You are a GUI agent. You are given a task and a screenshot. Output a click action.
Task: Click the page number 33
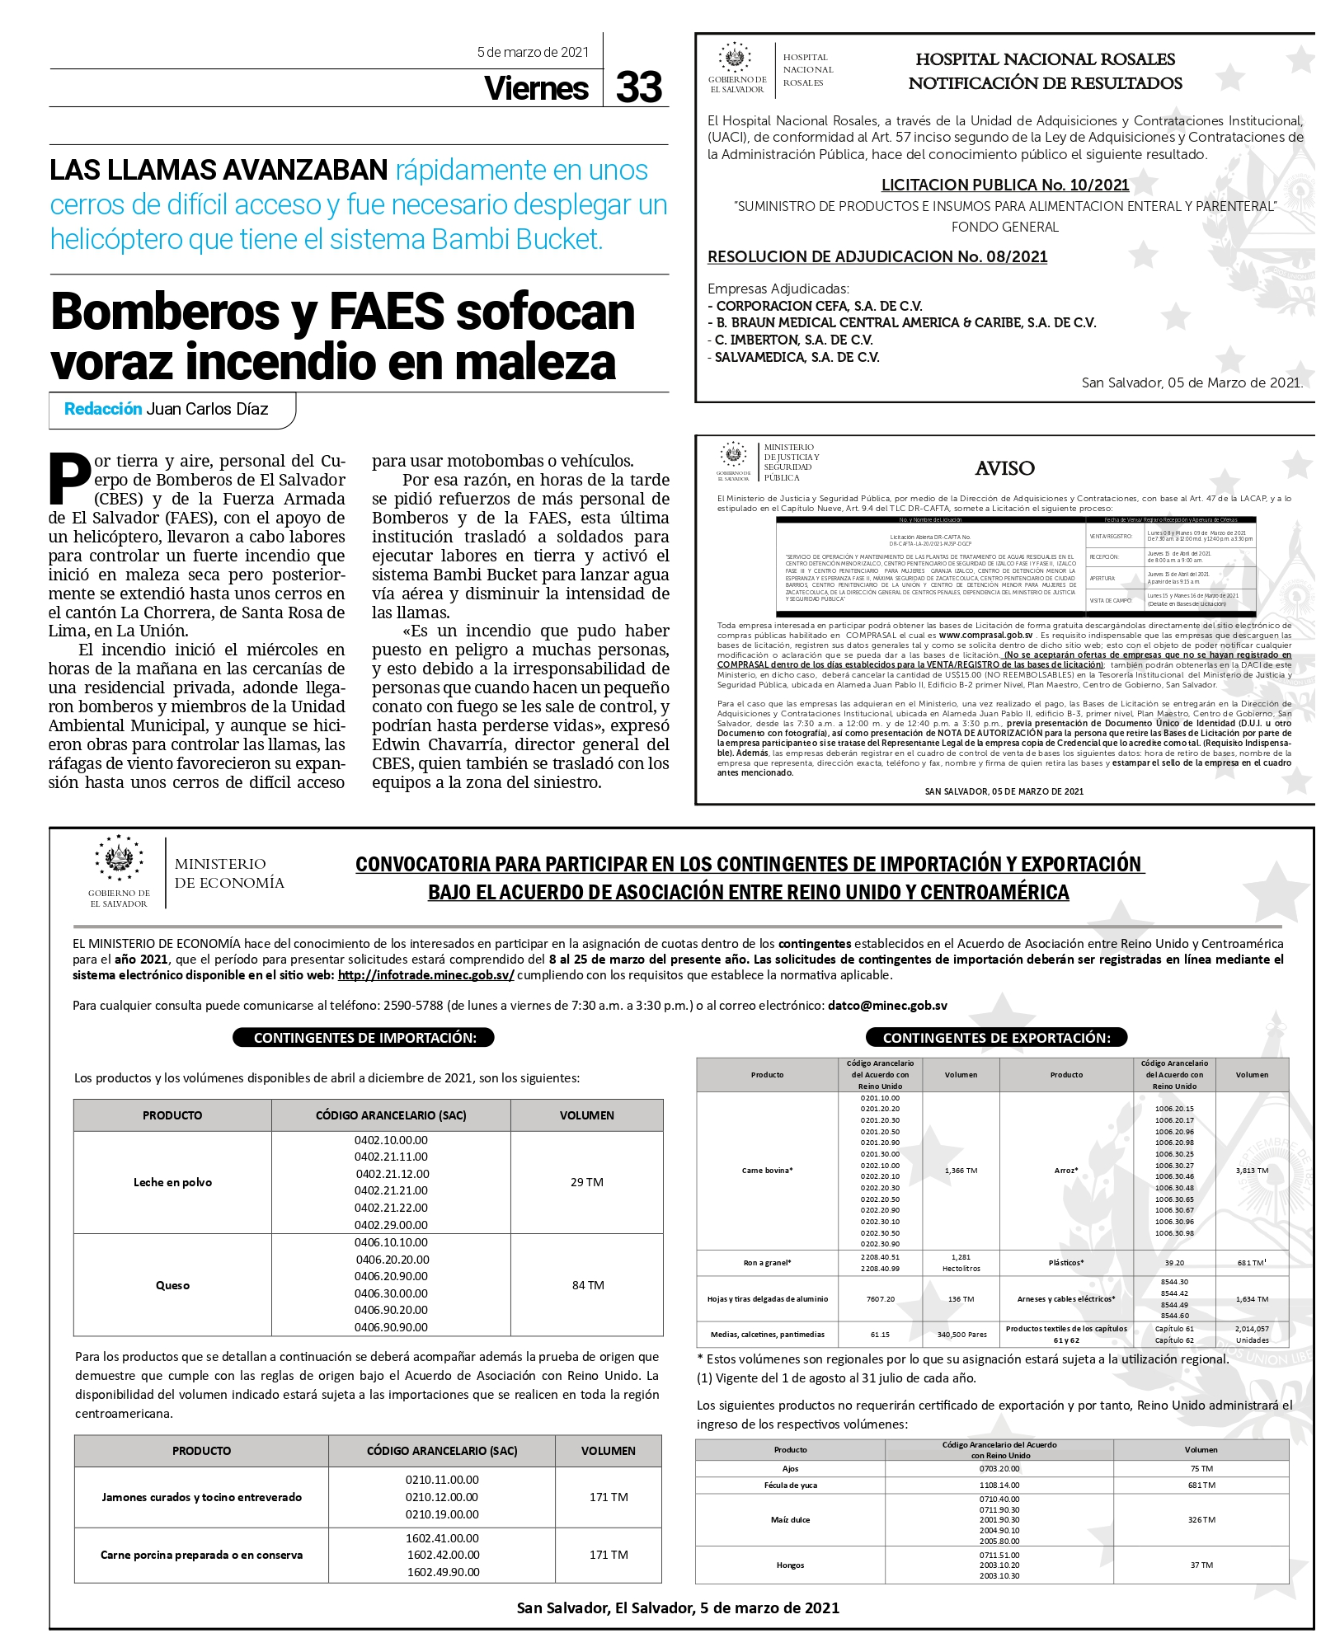pyautogui.click(x=638, y=87)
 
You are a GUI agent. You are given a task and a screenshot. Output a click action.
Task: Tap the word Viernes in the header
pyautogui.click(x=536, y=88)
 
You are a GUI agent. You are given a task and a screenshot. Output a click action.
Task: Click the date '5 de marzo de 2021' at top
pyautogui.click(x=533, y=53)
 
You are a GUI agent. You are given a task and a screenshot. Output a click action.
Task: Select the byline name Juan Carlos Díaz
pyautogui.click(x=207, y=409)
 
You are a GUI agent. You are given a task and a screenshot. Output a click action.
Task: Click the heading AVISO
pyautogui.click(x=1004, y=468)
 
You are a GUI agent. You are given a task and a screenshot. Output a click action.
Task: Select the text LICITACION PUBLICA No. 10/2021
pyautogui.click(x=1004, y=185)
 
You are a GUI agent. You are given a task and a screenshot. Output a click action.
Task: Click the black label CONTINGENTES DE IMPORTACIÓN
pyautogui.click(x=364, y=1038)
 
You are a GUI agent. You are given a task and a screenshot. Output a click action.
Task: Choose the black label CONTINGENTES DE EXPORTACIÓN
pyautogui.click(x=996, y=1038)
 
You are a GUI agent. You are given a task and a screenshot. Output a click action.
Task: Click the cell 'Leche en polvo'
pyautogui.click(x=172, y=1182)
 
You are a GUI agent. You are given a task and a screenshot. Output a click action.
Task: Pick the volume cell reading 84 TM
pyautogui.click(x=588, y=1285)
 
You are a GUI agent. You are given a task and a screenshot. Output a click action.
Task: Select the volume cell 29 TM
pyautogui.click(x=587, y=1182)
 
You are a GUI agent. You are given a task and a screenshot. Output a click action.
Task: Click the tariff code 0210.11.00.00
pyautogui.click(x=442, y=1480)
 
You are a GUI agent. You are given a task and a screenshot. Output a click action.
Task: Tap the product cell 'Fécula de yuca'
pyautogui.click(x=790, y=1485)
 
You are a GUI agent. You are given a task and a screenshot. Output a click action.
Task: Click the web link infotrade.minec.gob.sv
pyautogui.click(x=425, y=974)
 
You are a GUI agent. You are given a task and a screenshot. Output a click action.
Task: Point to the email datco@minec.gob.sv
pyautogui.click(x=887, y=1006)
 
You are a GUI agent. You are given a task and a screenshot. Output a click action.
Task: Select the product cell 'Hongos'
pyautogui.click(x=790, y=1565)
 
